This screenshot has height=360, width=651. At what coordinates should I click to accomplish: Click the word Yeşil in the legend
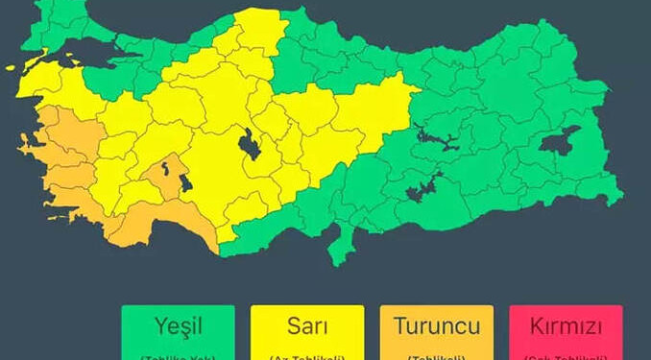tap(177, 327)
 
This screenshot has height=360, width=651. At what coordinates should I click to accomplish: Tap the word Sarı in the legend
tap(306, 327)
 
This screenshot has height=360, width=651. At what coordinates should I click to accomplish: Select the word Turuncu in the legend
tap(436, 327)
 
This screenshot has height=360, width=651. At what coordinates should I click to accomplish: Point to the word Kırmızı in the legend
tap(566, 327)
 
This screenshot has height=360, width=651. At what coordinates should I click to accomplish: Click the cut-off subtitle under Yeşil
tap(177, 356)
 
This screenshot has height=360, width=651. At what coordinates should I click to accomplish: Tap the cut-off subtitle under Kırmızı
tap(566, 356)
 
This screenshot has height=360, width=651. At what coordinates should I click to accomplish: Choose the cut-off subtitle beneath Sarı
tap(306, 356)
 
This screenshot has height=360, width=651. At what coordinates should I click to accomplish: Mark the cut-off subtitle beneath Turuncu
tap(436, 356)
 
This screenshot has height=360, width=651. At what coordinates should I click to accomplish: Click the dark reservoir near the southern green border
tap(423, 186)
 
